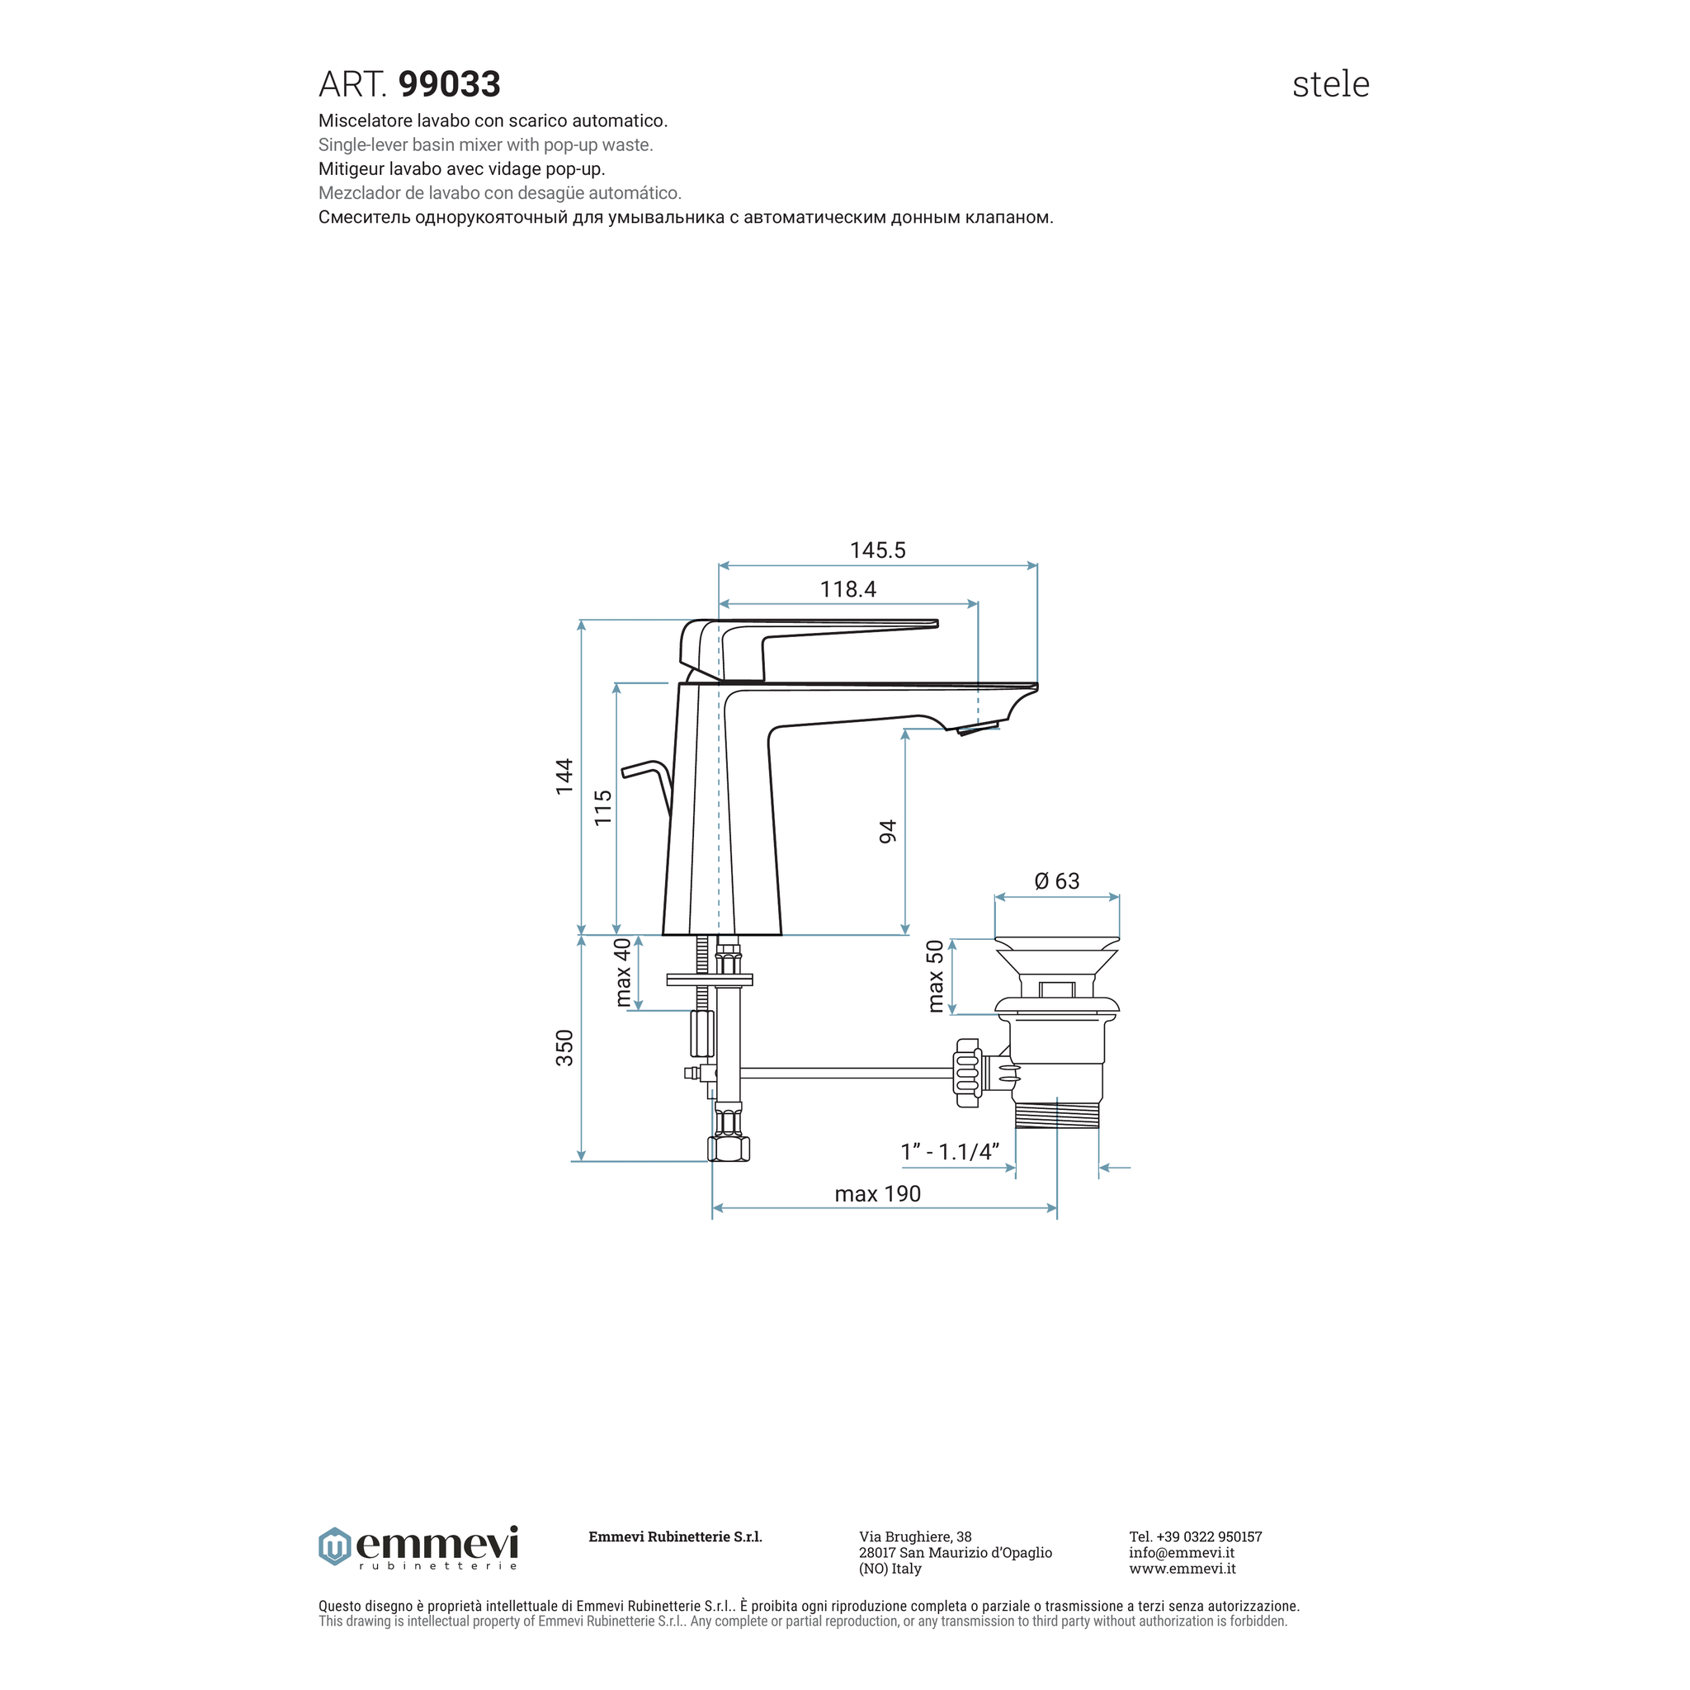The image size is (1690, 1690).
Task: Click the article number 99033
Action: [x=450, y=85]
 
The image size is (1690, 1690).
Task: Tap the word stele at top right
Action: [x=1330, y=85]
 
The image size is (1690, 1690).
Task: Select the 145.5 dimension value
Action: [x=877, y=550]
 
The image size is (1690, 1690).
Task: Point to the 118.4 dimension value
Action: [x=847, y=589]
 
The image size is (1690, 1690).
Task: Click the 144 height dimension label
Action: [x=564, y=777]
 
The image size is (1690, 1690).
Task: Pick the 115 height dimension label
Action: [x=602, y=808]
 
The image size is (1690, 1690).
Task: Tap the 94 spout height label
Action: [x=888, y=832]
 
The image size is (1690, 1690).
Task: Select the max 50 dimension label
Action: [x=935, y=976]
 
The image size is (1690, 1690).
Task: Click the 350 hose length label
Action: [x=564, y=1048]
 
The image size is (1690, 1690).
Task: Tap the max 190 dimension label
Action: [x=877, y=1194]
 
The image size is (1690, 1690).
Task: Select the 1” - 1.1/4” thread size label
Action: [x=950, y=1152]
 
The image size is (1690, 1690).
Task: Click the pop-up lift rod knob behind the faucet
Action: [x=644, y=770]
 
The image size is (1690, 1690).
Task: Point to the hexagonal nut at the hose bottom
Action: [x=729, y=1148]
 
